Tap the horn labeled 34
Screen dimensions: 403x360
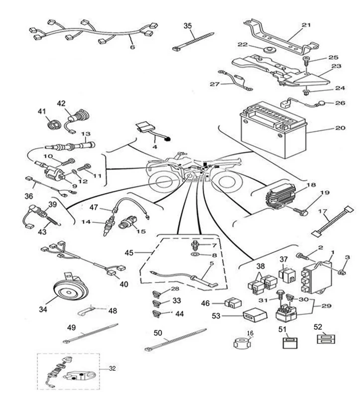click(x=68, y=291)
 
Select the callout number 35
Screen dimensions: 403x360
click(x=188, y=26)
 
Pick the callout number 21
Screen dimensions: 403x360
click(x=306, y=24)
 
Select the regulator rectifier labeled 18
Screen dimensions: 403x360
click(x=284, y=194)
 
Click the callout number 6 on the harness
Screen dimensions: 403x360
click(x=132, y=48)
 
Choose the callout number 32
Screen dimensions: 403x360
click(x=112, y=369)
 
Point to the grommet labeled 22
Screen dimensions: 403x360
click(x=270, y=50)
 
